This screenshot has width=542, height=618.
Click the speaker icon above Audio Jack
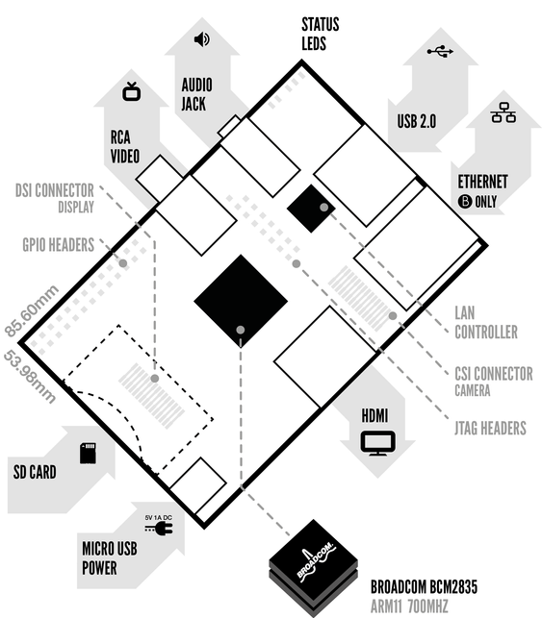202,39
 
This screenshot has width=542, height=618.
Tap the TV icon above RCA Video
132,92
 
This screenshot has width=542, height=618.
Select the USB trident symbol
440,51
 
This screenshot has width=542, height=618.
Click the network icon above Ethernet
503,112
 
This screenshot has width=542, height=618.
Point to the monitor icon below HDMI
377,443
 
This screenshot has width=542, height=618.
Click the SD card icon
88,453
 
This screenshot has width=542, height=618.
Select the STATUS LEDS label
321,34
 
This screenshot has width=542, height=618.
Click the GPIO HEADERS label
58,245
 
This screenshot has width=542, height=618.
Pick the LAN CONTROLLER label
486,322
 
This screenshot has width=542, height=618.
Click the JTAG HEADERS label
490,428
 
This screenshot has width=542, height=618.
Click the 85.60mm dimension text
32,311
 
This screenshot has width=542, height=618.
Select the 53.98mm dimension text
30,377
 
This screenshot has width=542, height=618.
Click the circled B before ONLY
465,202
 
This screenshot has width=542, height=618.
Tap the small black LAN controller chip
311,209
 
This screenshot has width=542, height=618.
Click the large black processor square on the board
241,301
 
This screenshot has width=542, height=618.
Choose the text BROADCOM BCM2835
424,587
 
